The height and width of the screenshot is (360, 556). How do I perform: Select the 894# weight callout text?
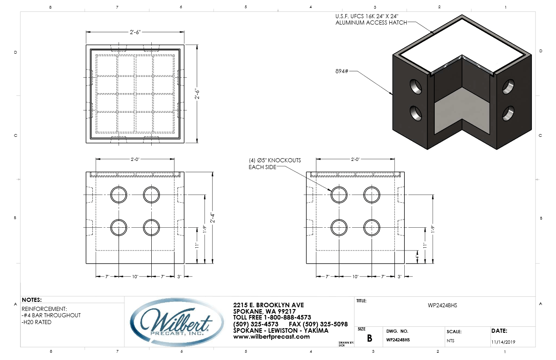tap(340, 71)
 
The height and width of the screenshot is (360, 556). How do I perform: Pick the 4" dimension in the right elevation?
tap(417, 257)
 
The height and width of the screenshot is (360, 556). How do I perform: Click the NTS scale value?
tap(450, 340)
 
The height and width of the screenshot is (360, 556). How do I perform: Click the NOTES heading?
tap(32, 300)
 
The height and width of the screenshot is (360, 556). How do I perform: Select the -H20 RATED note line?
tap(37, 322)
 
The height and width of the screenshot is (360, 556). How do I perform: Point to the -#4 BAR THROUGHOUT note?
tap(51, 315)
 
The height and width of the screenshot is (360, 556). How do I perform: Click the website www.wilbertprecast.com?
tap(271, 337)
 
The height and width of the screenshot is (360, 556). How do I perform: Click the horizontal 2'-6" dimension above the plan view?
tap(135, 32)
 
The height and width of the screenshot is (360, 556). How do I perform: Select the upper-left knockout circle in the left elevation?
tap(119, 195)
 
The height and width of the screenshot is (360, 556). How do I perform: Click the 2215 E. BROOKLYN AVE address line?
tap(268, 305)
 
